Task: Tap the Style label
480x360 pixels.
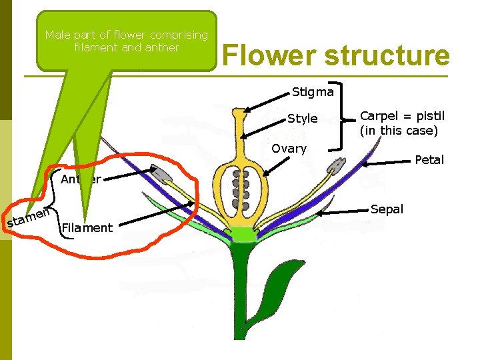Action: (302, 119)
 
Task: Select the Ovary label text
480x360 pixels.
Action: (289, 149)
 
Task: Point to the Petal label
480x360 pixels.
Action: (429, 160)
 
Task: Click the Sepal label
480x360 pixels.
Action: (387, 209)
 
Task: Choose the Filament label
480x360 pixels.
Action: (87, 228)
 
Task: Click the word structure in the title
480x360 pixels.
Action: (387, 55)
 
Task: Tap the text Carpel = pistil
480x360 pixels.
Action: (402, 116)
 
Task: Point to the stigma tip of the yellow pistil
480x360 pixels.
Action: (238, 114)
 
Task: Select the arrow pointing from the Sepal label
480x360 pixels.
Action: (343, 212)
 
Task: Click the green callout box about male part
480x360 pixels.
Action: (127, 41)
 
